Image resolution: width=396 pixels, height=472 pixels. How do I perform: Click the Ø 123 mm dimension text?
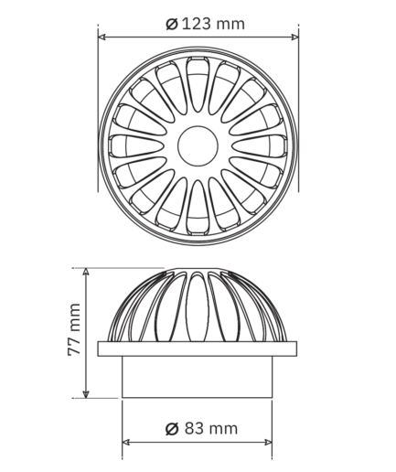205,24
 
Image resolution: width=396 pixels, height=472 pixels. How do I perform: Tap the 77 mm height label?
74,329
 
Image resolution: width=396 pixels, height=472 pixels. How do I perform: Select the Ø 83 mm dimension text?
201,428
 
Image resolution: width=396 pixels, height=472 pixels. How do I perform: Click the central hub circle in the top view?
198,146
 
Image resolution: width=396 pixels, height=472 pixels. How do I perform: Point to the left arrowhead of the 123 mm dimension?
102,38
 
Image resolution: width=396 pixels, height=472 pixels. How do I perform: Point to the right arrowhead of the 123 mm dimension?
294,38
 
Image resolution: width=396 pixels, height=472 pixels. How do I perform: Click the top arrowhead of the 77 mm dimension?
86,272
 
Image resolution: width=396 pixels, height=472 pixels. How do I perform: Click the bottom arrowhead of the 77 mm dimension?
86,394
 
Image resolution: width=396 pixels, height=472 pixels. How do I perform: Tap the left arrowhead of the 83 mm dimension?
126,442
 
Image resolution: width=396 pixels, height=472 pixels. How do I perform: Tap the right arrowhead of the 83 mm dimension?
268,442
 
